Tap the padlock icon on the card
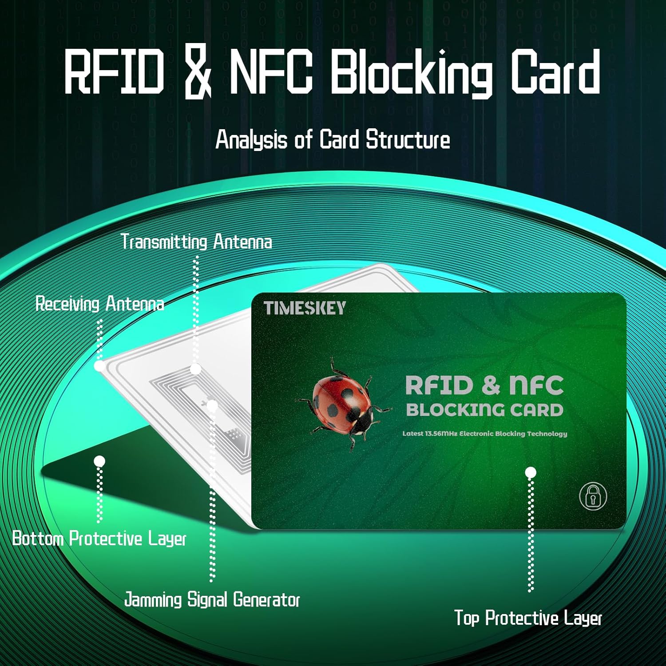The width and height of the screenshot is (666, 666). pyautogui.click(x=593, y=496)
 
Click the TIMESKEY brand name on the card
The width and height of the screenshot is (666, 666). pyautogui.click(x=305, y=308)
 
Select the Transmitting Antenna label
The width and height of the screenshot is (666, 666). pyautogui.click(x=196, y=242)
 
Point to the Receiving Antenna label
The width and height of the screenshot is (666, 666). pyautogui.click(x=99, y=304)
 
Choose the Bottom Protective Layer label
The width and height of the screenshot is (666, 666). pyautogui.click(x=99, y=539)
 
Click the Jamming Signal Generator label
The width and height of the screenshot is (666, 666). pyautogui.click(x=212, y=600)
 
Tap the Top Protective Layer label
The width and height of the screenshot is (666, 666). pyautogui.click(x=528, y=618)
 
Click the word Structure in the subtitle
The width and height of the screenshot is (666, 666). pyautogui.click(x=408, y=140)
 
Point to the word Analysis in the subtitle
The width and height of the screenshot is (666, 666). pyautogui.click(x=251, y=140)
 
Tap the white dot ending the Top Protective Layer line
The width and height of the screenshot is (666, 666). pyautogui.click(x=530, y=472)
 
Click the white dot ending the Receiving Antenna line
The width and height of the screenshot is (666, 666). pyautogui.click(x=99, y=366)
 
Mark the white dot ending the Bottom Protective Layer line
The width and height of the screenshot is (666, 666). pyautogui.click(x=99, y=461)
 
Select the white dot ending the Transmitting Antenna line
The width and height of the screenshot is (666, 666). pyautogui.click(x=195, y=369)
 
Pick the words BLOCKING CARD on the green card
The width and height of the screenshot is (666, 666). pyautogui.click(x=484, y=410)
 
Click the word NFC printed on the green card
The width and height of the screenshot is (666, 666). pyautogui.click(x=536, y=385)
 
